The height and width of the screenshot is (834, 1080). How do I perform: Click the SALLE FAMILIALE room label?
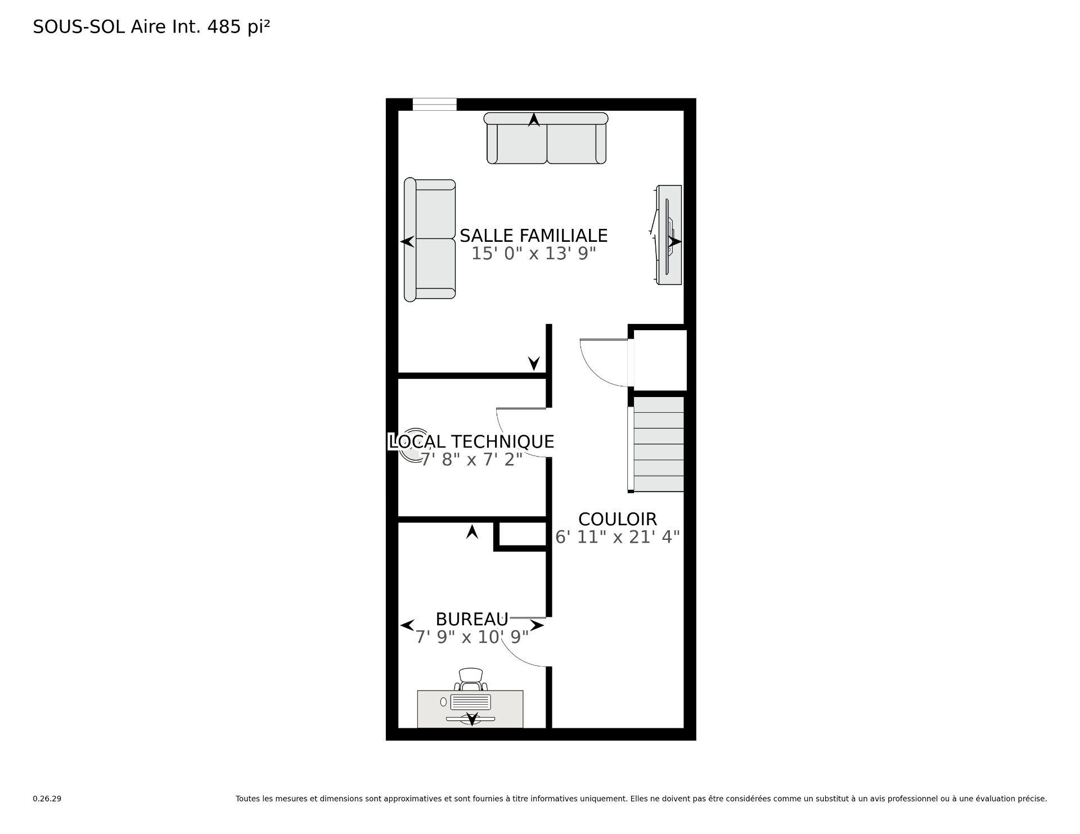tap(533, 235)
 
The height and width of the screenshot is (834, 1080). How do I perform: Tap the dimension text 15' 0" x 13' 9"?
tap(533, 254)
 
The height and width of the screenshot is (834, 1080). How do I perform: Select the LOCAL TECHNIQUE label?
tap(471, 441)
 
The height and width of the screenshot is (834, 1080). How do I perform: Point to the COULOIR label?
tap(617, 519)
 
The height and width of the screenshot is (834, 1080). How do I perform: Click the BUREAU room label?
tap(472, 619)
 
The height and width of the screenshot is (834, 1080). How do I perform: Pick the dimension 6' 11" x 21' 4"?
tap(617, 537)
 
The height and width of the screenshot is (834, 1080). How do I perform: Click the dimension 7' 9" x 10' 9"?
tap(472, 637)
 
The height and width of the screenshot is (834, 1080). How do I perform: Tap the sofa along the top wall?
tap(546, 138)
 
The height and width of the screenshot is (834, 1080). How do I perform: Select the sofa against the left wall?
tap(430, 240)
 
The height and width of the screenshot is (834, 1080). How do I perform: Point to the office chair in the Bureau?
tap(471, 679)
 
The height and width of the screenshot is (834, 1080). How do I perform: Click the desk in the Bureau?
tap(470, 709)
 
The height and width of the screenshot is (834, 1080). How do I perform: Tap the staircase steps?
tap(659, 444)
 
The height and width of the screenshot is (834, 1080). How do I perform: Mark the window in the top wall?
tap(434, 105)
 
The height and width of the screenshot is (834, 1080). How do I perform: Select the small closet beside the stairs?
tap(660, 360)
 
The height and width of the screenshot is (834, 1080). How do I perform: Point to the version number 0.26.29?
tap(47, 799)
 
